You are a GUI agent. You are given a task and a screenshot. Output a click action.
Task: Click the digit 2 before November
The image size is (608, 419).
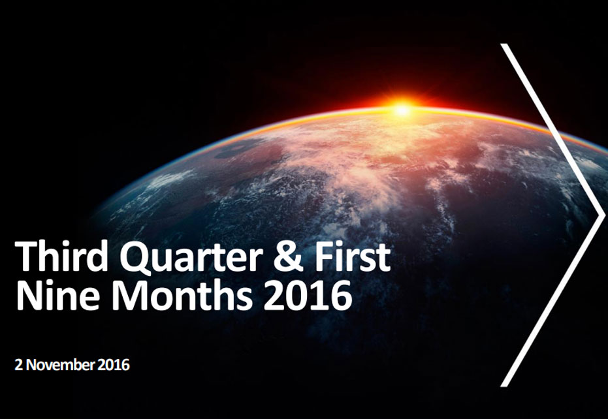(x=18, y=365)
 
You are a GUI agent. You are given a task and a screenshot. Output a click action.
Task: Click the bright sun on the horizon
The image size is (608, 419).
(x=402, y=109)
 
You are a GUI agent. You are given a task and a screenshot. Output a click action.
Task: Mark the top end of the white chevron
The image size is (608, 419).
(x=504, y=46)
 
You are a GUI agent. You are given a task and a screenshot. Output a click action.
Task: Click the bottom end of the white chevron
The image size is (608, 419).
(x=504, y=384)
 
